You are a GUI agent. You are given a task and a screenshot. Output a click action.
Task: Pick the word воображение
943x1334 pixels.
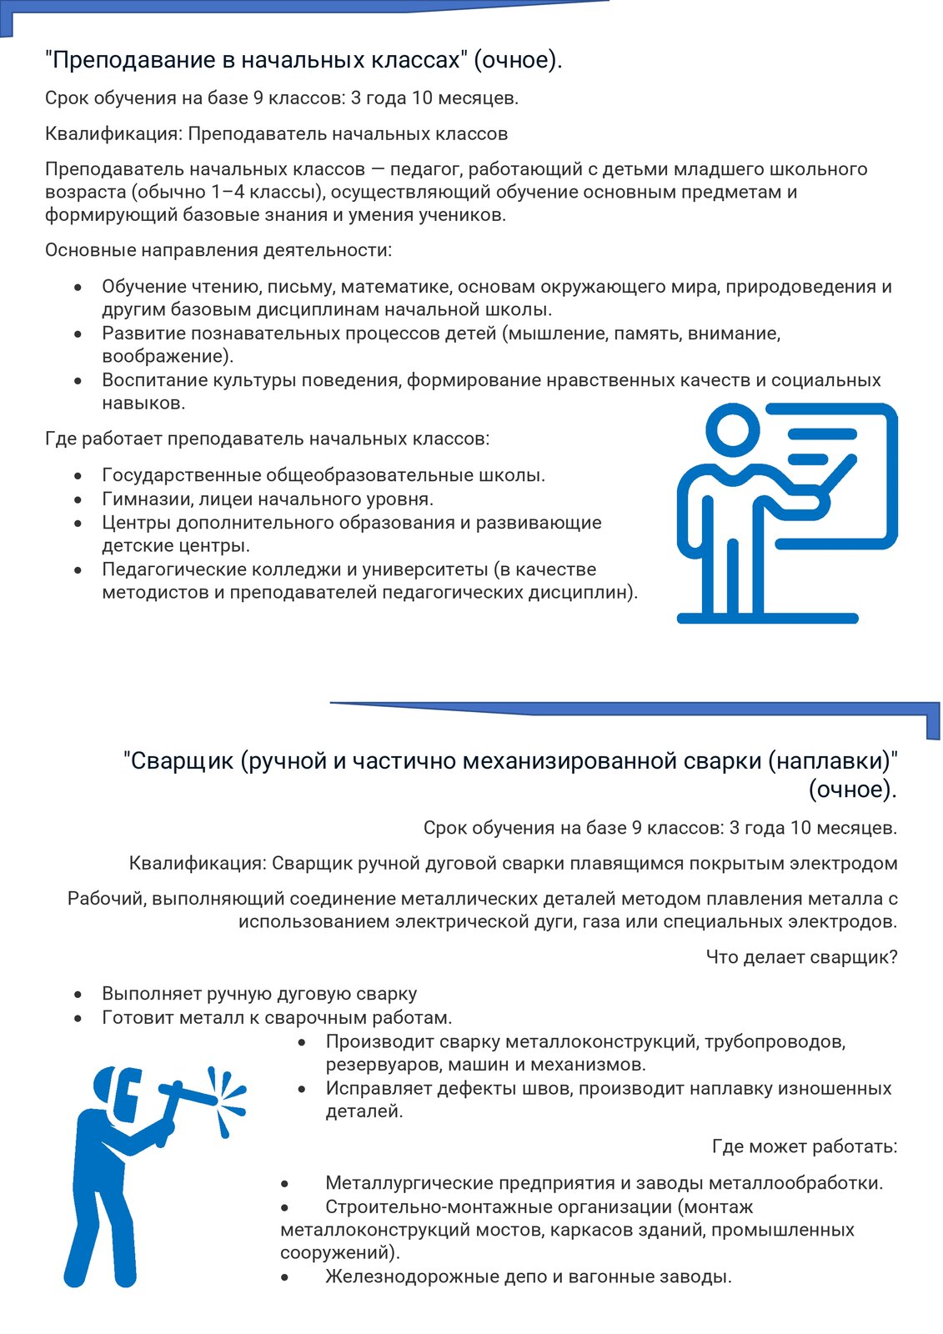166,357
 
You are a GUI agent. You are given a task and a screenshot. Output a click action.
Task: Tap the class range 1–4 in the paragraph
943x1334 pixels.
228,193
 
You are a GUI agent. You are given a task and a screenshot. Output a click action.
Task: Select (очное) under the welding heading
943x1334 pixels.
852,790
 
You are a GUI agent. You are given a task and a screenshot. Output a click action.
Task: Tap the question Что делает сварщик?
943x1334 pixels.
801,957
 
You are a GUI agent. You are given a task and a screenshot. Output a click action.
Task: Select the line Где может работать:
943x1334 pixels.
805,1146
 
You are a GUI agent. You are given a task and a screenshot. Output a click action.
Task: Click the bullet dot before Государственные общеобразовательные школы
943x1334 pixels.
78,476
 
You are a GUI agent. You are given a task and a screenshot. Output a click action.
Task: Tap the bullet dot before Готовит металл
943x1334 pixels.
78,1018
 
